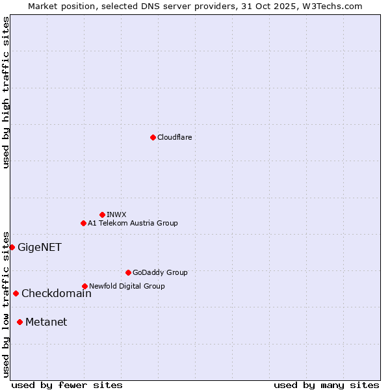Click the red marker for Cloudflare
point(153,137)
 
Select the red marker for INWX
point(102,214)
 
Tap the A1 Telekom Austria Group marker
point(83,223)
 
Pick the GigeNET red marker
point(12,247)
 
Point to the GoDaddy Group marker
point(128,272)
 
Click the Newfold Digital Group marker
point(84,286)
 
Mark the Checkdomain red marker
point(16,293)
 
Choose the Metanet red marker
point(19,322)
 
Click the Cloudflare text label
point(174,137)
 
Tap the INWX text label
point(116,214)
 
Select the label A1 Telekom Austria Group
point(133,223)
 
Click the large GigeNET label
point(40,247)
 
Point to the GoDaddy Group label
point(160,272)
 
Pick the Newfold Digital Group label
point(127,286)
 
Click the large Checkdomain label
point(57,293)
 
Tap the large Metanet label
point(46,322)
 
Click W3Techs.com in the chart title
point(329,6)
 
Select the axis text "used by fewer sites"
point(67,385)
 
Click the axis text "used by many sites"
point(326,385)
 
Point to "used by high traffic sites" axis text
point(6,92)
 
